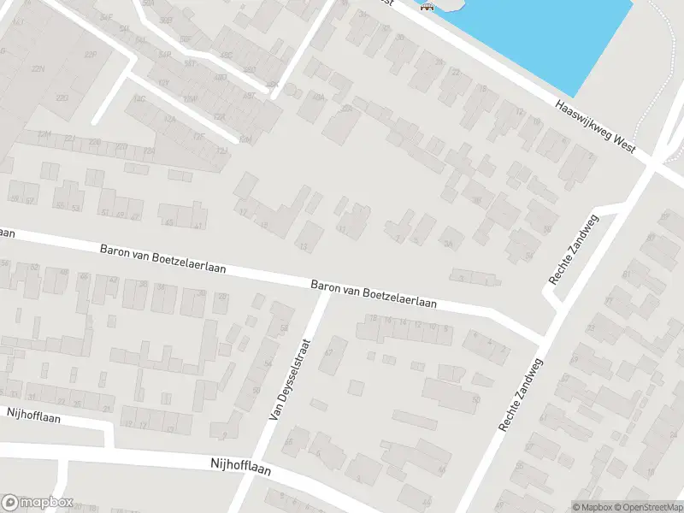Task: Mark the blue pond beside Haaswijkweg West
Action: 547,34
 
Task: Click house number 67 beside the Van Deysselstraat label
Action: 328,353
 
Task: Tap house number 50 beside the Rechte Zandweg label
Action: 476,399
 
